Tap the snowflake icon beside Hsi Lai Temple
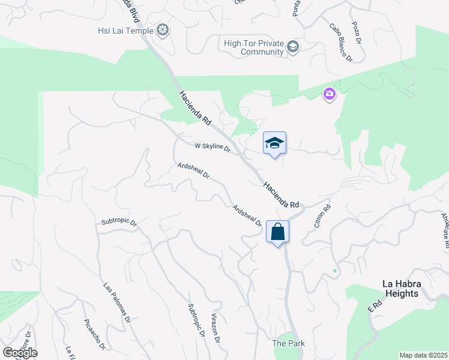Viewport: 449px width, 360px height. pyautogui.click(x=162, y=30)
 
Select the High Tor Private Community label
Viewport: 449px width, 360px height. pyautogui.click(x=253, y=47)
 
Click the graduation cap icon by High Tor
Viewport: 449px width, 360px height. pyautogui.click(x=293, y=47)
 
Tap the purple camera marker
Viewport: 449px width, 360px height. pyautogui.click(x=329, y=94)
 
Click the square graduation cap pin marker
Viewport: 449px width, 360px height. pyautogui.click(x=274, y=143)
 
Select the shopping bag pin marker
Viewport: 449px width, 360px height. pyautogui.click(x=277, y=232)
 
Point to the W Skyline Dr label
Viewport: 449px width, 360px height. pyautogui.click(x=212, y=146)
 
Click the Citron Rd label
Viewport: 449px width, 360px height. pyautogui.click(x=322, y=217)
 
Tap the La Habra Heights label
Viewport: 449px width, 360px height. pyautogui.click(x=409, y=289)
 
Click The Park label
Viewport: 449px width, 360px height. pyautogui.click(x=288, y=343)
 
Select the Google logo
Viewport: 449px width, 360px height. pyautogui.click(x=20, y=353)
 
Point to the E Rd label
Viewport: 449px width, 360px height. pyautogui.click(x=375, y=305)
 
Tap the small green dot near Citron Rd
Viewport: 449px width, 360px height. pyautogui.click(x=335, y=271)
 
